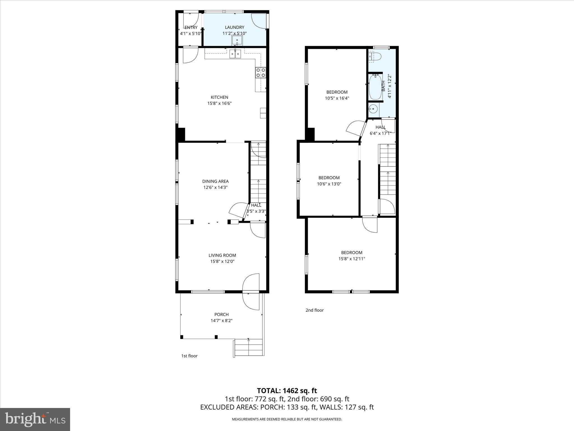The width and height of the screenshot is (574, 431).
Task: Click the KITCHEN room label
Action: (219, 97)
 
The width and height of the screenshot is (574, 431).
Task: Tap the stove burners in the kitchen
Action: (260, 73)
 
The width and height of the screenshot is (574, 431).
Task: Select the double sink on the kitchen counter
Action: (235, 54)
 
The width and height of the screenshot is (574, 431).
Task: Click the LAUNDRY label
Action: (235, 27)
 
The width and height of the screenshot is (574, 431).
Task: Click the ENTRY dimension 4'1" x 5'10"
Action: (191, 34)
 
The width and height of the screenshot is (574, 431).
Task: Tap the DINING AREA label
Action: (215, 181)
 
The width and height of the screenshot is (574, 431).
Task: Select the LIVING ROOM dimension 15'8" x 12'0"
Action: (222, 262)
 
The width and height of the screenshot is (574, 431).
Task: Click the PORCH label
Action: (221, 315)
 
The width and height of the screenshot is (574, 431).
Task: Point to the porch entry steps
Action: (249, 348)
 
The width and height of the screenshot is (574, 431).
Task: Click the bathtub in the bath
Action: (375, 87)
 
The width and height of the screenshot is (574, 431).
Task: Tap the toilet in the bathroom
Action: (375, 57)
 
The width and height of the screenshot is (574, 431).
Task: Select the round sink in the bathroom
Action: (373, 109)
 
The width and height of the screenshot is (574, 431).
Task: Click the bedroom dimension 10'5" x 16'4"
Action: (337, 98)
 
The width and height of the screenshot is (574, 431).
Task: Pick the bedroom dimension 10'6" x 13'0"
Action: (329, 184)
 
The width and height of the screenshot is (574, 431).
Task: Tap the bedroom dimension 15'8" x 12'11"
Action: (352, 259)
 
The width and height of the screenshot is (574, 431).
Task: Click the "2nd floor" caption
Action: (314, 310)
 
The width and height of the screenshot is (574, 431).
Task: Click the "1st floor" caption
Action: (189, 356)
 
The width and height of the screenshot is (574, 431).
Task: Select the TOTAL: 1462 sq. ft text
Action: (287, 391)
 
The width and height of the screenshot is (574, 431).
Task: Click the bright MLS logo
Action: (35, 419)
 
